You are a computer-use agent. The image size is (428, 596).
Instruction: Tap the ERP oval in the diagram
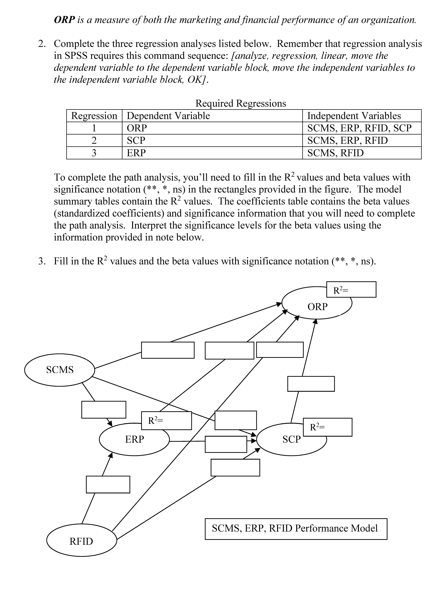click(134, 439)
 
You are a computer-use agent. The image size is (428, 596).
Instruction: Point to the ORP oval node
click(317, 307)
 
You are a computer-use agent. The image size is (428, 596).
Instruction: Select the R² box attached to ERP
click(166, 421)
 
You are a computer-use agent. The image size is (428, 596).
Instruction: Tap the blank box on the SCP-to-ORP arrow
click(311, 384)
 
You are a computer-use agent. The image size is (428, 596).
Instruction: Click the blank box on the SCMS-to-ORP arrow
click(168, 350)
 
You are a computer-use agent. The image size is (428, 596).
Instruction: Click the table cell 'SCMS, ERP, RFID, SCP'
click(359, 128)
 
